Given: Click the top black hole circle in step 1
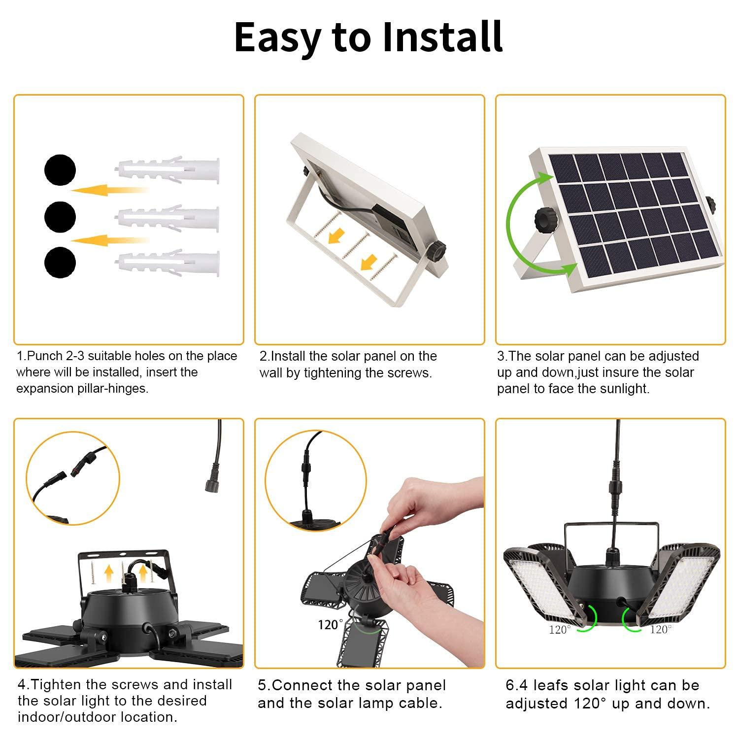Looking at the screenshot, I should pos(60,170).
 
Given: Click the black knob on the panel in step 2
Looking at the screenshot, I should pos(437,250).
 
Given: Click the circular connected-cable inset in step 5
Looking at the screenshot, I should pos(315,480).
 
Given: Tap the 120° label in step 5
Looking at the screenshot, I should pos(328,625).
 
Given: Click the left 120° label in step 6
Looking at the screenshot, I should pos(560,629).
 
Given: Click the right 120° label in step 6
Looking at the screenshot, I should pos(660,629).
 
